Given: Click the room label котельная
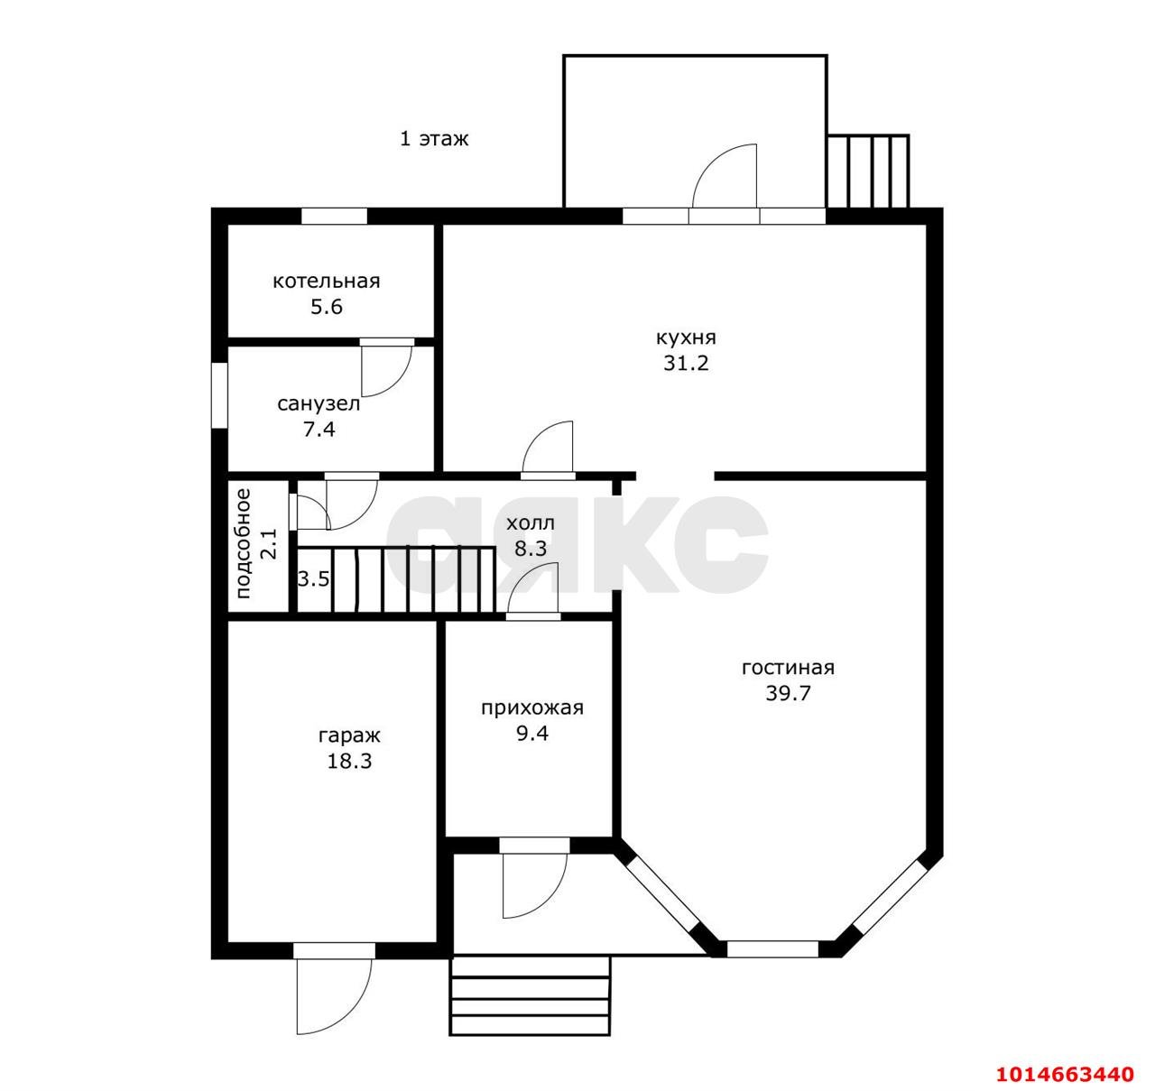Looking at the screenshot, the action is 327,282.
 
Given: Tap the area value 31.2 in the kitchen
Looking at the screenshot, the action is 687,363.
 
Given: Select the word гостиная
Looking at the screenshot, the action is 788,668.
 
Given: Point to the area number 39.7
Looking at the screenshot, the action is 788,694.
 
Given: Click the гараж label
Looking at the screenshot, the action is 349,736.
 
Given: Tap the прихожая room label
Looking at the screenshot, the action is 532,708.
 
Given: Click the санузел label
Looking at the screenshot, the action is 319,403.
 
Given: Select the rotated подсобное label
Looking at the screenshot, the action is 243,543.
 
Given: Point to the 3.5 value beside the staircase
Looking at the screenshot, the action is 313,579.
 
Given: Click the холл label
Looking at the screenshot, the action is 531,523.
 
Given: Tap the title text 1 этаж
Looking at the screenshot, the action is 434,139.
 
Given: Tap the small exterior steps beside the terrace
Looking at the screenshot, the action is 868,171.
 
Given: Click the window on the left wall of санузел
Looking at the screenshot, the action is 219,395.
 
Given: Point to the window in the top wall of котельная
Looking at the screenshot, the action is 334,216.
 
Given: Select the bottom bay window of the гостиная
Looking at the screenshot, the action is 773,949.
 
